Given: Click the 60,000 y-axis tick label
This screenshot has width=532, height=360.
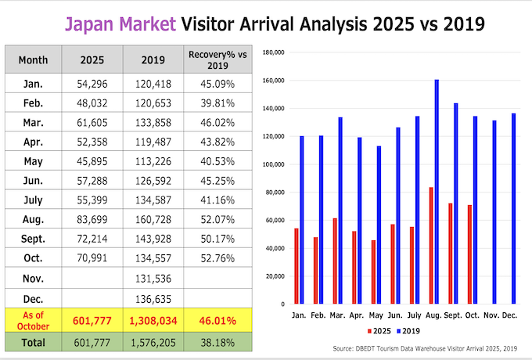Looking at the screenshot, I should click(274, 220).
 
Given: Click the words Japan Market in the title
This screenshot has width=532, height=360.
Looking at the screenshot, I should click(120, 23).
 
